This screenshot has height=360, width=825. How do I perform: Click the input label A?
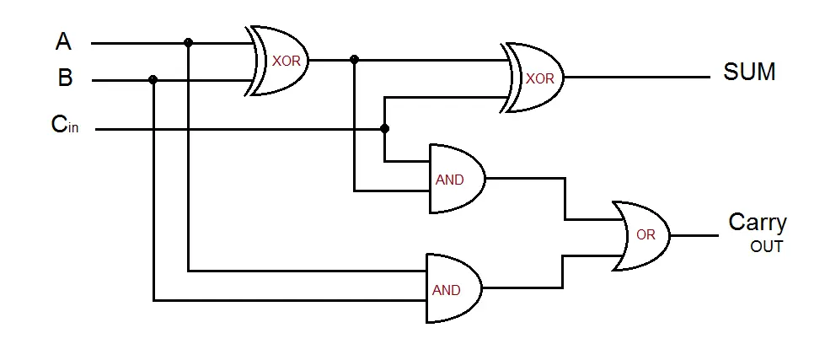[x=63, y=40]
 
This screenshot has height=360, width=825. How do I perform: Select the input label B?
[x=65, y=78]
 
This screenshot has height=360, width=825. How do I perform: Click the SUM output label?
[x=749, y=73]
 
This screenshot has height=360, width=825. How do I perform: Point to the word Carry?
[x=757, y=223]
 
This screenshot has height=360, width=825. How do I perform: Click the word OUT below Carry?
[x=766, y=247]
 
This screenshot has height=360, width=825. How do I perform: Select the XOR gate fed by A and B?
[x=281, y=61]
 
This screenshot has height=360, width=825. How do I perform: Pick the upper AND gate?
[x=455, y=179]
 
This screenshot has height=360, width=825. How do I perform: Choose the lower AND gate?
[x=452, y=288]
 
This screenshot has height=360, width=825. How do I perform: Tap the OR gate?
[x=642, y=235]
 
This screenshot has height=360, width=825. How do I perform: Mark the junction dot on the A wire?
[x=188, y=42]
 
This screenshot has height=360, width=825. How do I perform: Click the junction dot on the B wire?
[x=153, y=80]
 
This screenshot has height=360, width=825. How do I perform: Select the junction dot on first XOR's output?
[x=354, y=60]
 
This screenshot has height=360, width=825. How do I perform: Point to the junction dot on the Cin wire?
[x=385, y=129]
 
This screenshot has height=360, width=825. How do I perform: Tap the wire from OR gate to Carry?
[x=695, y=235]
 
